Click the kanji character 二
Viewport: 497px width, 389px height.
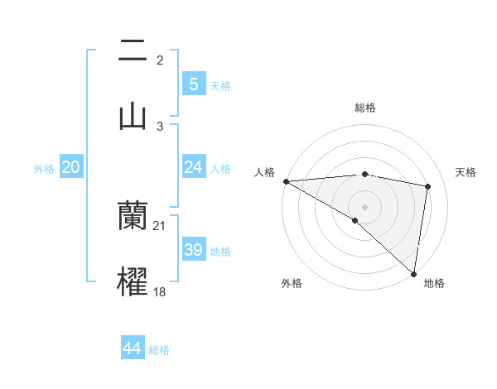tap(133, 51)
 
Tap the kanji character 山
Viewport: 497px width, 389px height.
tap(133, 116)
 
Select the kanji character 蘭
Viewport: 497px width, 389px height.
tap(133, 217)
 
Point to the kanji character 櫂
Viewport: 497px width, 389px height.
tap(133, 281)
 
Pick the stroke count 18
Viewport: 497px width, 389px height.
tap(160, 291)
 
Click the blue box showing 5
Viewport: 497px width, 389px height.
tap(193, 84)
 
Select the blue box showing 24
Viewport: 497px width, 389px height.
tap(193, 167)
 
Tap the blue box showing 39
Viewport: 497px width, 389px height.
tap(193, 250)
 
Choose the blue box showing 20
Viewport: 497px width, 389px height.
tap(71, 167)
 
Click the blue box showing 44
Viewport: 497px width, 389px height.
tap(133, 348)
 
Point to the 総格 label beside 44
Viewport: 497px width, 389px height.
tap(160, 350)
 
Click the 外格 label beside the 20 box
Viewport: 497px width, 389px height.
tap(44, 169)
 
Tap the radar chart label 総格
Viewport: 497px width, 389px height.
tap(364, 108)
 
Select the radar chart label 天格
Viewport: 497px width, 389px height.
tap(466, 172)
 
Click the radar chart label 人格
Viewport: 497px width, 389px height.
tap(264, 172)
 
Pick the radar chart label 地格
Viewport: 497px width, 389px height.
tap(434, 283)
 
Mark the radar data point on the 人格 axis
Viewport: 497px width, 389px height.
tap(286, 181)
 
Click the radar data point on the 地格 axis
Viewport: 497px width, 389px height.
tap(413, 273)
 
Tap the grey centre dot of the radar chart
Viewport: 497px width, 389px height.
tap(364, 206)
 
